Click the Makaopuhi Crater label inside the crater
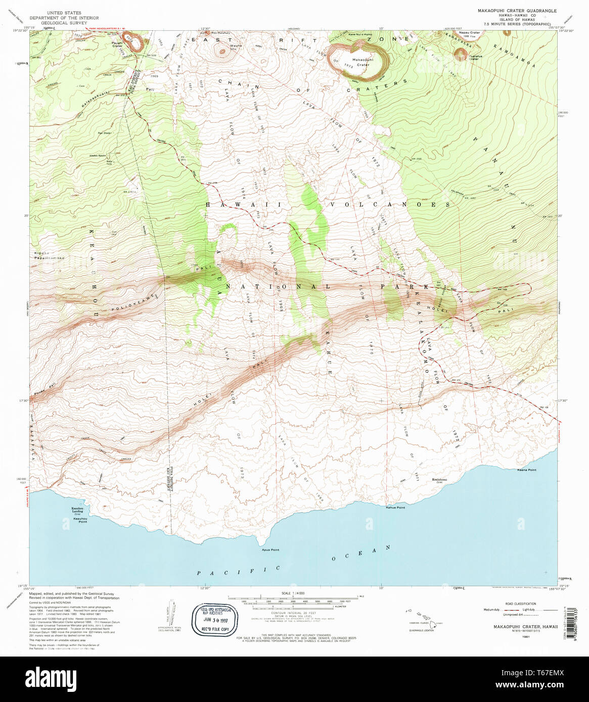tap(363, 62)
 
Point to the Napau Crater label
tap(470, 33)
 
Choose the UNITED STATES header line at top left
tap(64, 13)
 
